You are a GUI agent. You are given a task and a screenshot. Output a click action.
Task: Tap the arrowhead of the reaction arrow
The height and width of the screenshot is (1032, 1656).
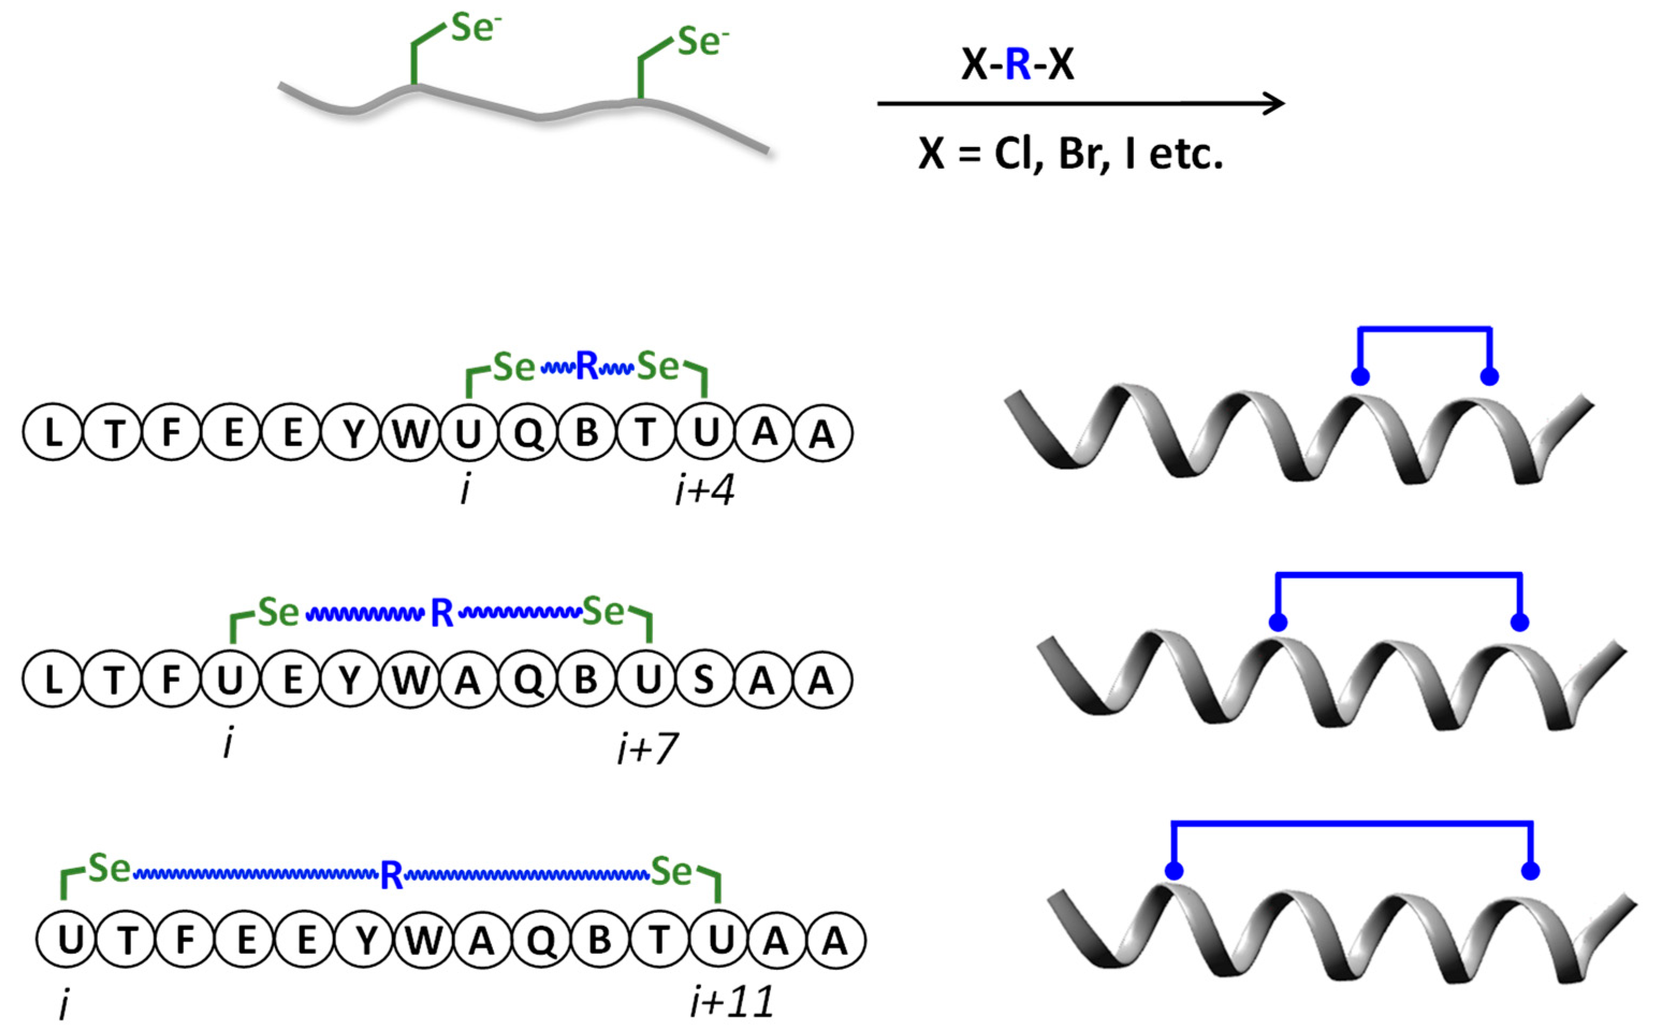pos(1273,104)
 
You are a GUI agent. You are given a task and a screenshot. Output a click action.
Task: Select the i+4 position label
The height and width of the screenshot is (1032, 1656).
pos(704,491)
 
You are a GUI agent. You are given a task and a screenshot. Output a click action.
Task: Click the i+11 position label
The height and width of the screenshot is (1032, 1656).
pos(732,1002)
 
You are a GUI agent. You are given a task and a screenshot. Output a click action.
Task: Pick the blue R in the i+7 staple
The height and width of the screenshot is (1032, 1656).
pos(441,614)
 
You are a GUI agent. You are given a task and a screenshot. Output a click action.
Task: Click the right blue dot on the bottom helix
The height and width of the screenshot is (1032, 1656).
pos(1530,871)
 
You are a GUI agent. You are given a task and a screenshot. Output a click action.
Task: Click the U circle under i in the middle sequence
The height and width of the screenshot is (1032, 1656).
pos(230,679)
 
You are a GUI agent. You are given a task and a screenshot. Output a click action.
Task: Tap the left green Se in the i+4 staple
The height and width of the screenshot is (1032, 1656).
pos(513,368)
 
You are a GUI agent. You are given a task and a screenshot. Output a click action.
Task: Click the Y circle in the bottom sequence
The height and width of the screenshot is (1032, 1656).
pos(366,941)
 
